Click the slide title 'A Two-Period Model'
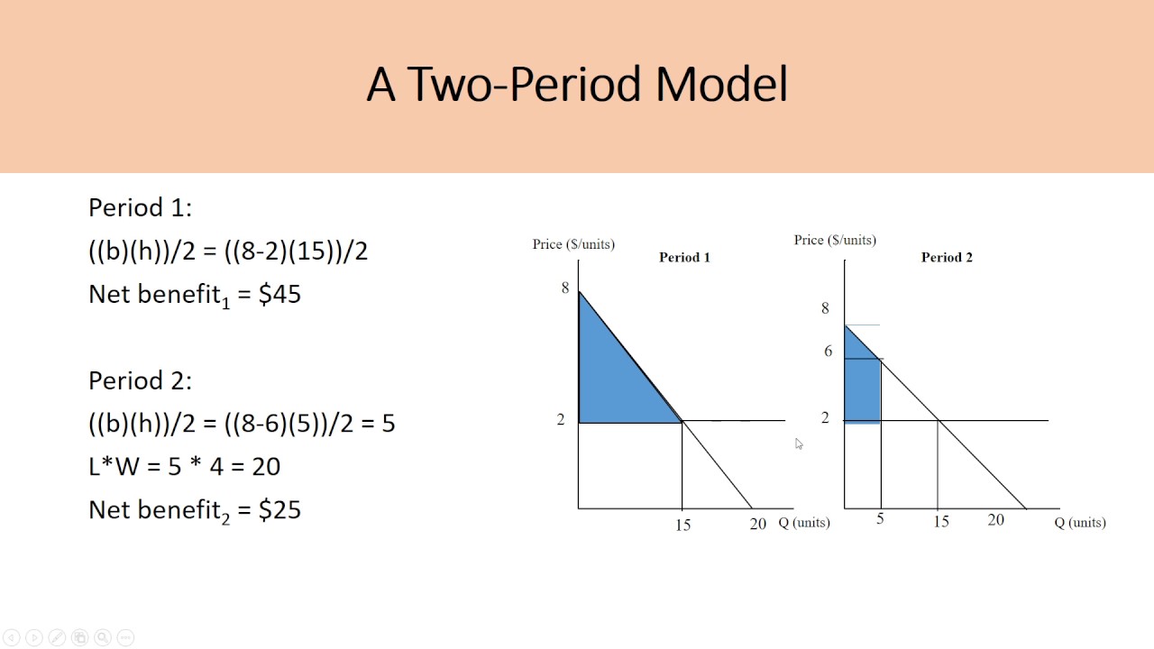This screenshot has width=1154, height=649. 577,85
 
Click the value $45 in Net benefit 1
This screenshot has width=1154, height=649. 279,295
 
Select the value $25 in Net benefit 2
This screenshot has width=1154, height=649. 279,510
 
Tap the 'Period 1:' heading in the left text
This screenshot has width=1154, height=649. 140,208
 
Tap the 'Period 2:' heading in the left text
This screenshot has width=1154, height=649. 140,381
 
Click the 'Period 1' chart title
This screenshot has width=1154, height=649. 684,258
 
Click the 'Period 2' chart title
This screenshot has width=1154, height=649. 947,258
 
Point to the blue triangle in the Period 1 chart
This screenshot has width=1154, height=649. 613,379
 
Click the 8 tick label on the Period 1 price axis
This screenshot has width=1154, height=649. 565,288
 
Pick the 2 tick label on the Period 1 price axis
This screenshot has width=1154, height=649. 561,420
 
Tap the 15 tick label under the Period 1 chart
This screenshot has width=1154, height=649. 682,526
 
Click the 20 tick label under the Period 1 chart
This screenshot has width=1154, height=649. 757,524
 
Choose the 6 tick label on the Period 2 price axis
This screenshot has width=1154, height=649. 828,352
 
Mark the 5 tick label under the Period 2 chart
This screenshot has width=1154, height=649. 880,520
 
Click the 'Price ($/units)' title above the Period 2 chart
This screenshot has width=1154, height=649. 835,240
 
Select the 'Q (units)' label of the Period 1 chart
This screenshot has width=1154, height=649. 804,523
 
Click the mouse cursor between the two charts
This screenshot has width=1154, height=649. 799,443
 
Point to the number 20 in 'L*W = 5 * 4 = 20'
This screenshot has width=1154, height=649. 267,467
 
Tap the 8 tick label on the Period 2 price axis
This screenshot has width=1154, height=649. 825,309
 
